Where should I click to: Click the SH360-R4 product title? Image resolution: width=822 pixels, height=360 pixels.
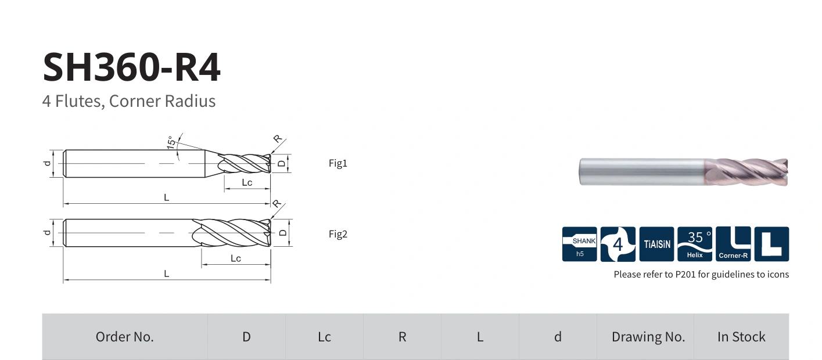pos(131,67)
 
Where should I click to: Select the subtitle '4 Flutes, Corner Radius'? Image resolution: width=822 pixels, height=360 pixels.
pos(129,101)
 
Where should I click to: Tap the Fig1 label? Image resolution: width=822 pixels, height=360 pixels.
pos(338,163)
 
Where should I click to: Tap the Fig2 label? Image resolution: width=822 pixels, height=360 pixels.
pos(338,234)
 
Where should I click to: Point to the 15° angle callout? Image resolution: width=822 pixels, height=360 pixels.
pos(171,142)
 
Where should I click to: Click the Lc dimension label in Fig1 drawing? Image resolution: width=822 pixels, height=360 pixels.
pos(247,182)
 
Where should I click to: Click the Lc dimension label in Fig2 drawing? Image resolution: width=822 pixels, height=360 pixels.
pos(236,258)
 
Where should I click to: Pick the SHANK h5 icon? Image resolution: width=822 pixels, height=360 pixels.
pos(579,244)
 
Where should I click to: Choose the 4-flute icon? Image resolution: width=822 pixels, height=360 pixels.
pos(618,244)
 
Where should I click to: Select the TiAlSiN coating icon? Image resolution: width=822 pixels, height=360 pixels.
pos(656,244)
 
